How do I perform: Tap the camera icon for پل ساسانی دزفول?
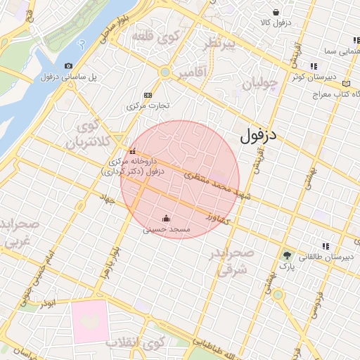click(68, 66)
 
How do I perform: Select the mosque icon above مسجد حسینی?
click(166, 217)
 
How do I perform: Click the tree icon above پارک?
click(286, 255)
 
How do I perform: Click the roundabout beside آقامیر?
click(165, 72)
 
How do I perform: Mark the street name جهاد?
click(107, 200)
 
